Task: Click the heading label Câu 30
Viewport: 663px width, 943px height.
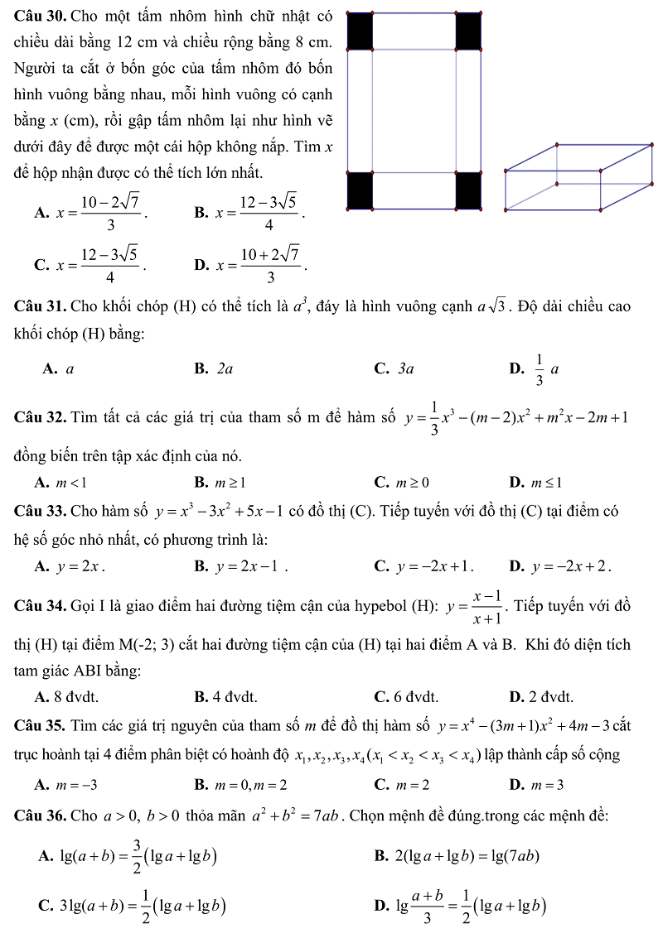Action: [41, 16]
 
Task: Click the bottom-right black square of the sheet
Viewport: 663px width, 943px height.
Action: [468, 191]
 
